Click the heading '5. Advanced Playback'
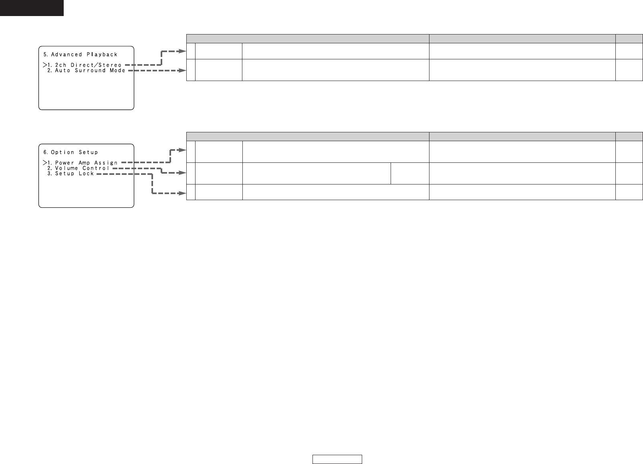pos(80,55)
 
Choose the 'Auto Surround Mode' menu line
pos(90,71)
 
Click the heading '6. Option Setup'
pos(71,152)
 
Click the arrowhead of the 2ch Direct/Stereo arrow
pos(183,51)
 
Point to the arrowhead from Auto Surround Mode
pos(183,71)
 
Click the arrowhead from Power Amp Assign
pos(183,150)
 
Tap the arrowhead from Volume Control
pos(183,173)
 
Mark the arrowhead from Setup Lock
pos(183,193)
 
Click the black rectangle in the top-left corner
pos(32,8)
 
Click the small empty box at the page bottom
pos(337,459)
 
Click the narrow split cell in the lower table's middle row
pos(410,173)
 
